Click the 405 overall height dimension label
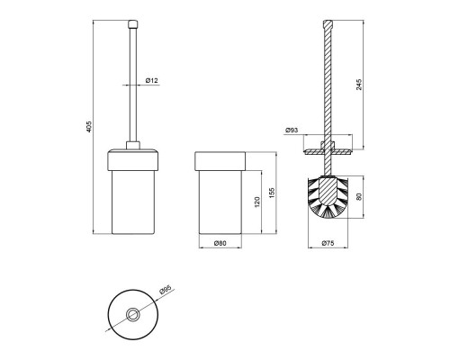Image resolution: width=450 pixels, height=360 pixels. [88, 127]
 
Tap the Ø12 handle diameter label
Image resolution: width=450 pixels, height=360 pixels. [152, 80]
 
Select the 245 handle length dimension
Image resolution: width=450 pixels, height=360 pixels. [359, 85]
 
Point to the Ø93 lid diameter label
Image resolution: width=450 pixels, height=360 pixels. [292, 130]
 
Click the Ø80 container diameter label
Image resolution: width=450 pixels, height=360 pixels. [220, 243]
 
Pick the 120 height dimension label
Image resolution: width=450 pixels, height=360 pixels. [256, 202]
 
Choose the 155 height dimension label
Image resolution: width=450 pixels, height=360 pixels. [272, 193]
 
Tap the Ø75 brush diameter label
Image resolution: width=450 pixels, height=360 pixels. [328, 243]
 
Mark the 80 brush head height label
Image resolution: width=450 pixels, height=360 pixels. [359, 196]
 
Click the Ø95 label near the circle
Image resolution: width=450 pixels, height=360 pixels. [165, 290]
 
